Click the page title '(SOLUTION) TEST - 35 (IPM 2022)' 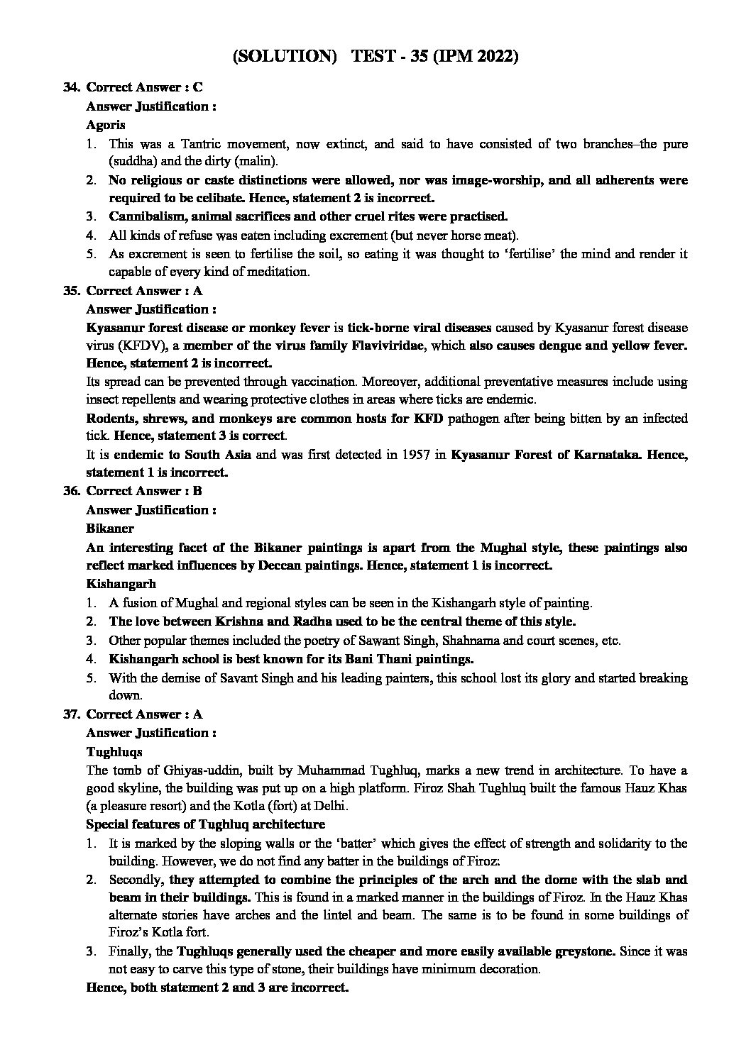(375, 57)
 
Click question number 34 (71, 87)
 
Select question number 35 (71, 290)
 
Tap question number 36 (71, 491)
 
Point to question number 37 (71, 714)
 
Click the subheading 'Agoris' (106, 125)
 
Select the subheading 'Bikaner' (109, 529)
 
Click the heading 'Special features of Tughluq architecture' (205, 824)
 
